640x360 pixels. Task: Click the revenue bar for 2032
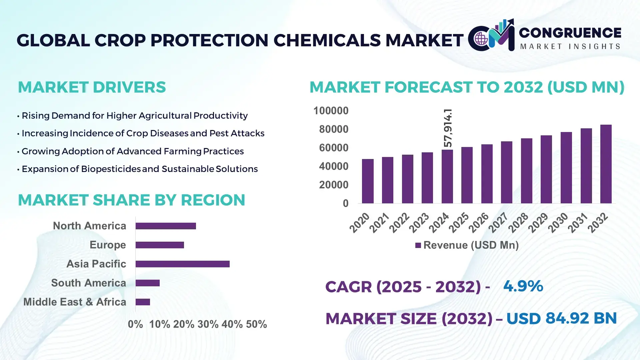[606, 164]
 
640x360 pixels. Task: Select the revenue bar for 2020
[368, 181]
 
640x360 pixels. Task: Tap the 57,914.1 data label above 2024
[448, 128]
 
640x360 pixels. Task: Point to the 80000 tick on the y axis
[333, 129]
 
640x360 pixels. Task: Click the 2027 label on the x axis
[498, 223]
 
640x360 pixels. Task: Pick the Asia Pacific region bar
[182, 264]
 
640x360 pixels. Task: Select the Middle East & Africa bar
[143, 302]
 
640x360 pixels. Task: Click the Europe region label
[108, 245]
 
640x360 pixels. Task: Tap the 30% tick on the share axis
[208, 324]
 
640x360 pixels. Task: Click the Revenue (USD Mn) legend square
[418, 245]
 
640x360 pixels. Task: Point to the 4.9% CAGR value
[523, 286]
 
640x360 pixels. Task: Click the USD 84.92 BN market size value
[561, 318]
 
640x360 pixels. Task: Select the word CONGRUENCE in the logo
[570, 33]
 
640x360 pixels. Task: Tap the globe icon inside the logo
[481, 39]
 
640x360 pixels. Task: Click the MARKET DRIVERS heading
[92, 87]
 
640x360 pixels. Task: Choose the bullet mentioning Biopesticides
[139, 169]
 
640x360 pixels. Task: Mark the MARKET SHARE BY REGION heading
[131, 200]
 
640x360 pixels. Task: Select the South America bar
[147, 283]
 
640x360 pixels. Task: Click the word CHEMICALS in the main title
[327, 40]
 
